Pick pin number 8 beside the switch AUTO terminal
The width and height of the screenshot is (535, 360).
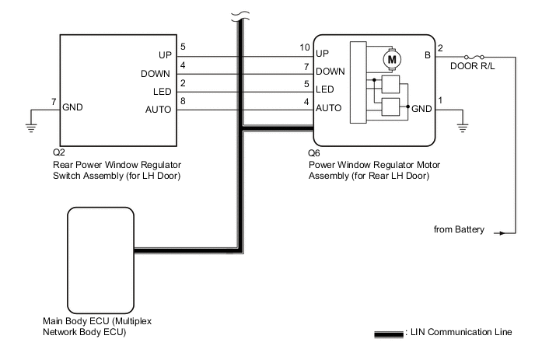tap(183, 100)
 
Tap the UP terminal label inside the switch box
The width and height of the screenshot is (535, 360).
tap(164, 56)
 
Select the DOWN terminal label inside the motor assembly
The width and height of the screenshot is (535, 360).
tap(330, 72)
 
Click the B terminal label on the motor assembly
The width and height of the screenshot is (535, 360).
tap(428, 56)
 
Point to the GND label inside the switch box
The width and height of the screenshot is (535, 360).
tap(74, 108)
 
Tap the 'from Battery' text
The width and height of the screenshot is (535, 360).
tap(459, 230)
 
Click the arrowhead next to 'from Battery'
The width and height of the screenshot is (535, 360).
tap(509, 230)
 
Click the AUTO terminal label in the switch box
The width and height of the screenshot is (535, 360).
tap(159, 109)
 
